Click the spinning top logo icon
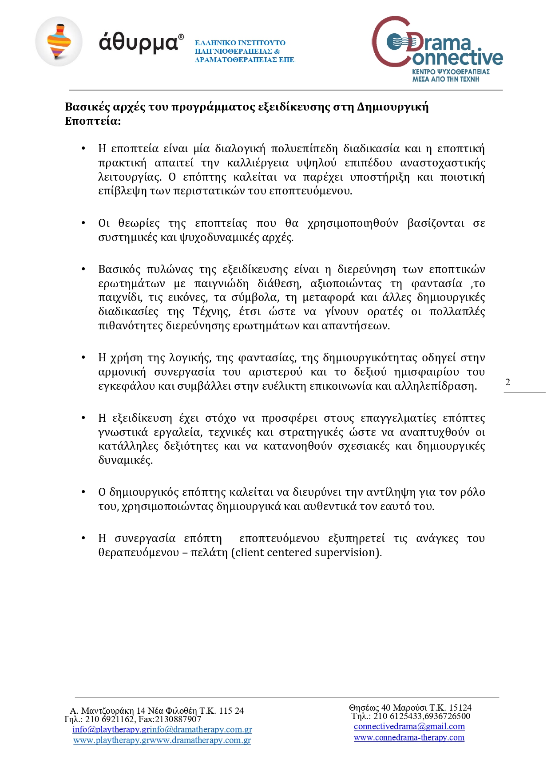pos(59,42)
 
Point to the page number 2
pos(508,382)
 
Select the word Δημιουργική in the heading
pos(392,107)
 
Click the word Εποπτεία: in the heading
pos(93,121)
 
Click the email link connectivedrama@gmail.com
pos(409,727)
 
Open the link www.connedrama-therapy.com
pos(409,738)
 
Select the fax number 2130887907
pos(178,719)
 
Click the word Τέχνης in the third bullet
pos(211,312)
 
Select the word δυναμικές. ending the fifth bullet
pos(125,460)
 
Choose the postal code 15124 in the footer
pos(460,708)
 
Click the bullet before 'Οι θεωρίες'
pos(83,223)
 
